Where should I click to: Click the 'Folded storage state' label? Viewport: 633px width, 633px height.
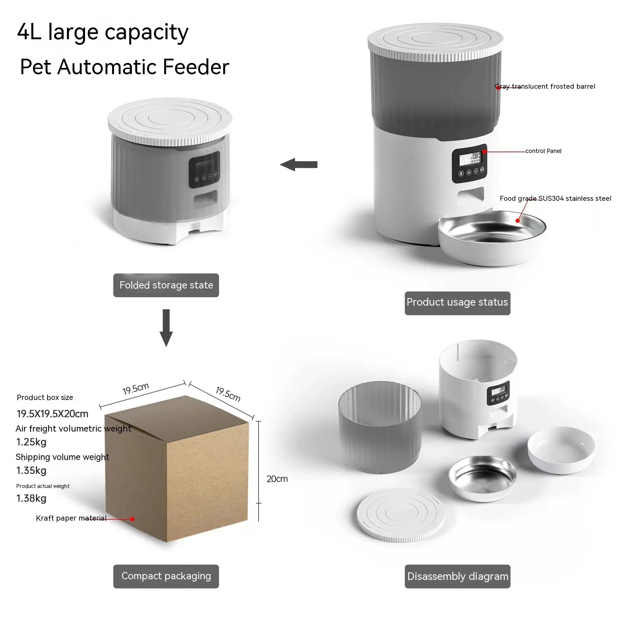click(x=166, y=285)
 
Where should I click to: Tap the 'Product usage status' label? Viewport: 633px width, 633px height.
click(x=457, y=303)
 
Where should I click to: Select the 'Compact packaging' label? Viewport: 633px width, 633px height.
click(x=166, y=576)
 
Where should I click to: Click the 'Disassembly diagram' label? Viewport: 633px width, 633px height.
click(x=457, y=576)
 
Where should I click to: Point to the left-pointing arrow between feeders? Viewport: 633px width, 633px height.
click(x=299, y=165)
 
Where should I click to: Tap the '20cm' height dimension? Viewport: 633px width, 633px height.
click(x=277, y=479)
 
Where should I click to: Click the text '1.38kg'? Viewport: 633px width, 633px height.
click(x=31, y=498)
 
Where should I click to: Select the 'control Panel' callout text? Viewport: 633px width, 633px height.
click(x=543, y=151)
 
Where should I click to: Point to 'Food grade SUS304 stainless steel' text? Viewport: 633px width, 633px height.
click(x=555, y=198)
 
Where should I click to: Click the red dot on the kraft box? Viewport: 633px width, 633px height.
click(x=132, y=519)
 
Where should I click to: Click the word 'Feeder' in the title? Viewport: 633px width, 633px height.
click(x=196, y=67)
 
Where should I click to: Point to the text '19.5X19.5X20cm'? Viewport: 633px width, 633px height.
click(x=52, y=414)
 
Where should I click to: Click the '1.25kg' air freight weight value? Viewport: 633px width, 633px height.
click(x=31, y=442)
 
